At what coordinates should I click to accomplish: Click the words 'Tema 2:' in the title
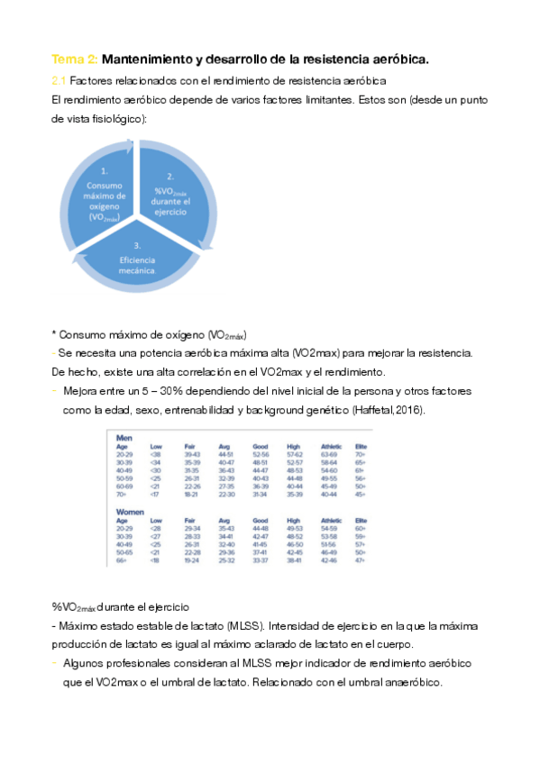(74, 59)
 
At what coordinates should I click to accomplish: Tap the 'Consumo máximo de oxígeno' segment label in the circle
(105, 194)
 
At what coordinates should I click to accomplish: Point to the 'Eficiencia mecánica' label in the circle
(137, 262)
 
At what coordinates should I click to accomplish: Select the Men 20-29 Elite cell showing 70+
(361, 454)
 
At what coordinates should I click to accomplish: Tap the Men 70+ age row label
(122, 495)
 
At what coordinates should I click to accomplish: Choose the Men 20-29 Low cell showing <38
(156, 454)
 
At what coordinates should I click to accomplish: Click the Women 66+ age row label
(123, 560)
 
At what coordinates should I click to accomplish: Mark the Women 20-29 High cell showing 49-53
(294, 528)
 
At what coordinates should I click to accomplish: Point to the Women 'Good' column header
(261, 520)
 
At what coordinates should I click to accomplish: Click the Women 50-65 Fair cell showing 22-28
(193, 552)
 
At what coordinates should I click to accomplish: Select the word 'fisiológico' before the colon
(113, 118)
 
